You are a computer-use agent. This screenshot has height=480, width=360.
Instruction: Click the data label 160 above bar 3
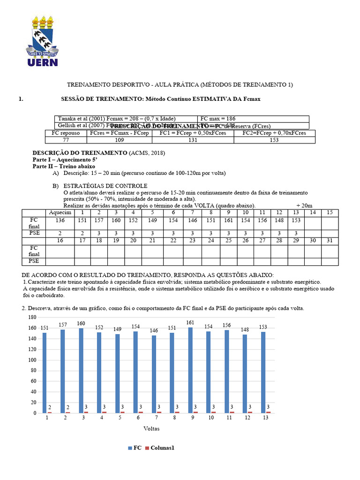pyautogui.click(x=81, y=323)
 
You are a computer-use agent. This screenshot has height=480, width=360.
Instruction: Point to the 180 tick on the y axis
pyautogui.click(x=32, y=317)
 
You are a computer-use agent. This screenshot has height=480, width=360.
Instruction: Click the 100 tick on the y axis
pyautogui.click(x=32, y=360)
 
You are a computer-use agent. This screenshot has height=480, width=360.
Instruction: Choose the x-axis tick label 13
pyautogui.click(x=266, y=417)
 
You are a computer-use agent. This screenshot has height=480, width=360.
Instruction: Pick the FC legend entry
pyautogui.click(x=135, y=448)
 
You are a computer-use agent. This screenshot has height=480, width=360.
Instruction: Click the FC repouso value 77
pyautogui.click(x=66, y=140)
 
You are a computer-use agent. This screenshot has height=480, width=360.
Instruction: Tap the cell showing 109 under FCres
pyautogui.click(x=120, y=140)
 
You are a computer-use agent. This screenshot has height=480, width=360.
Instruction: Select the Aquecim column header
pyautogui.click(x=60, y=212)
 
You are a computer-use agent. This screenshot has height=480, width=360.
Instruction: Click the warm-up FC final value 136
pyautogui.click(x=60, y=220)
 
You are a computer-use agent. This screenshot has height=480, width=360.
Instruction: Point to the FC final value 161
pyautogui.click(x=228, y=220)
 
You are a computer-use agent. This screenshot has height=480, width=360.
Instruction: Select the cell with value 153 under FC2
pyautogui.click(x=273, y=140)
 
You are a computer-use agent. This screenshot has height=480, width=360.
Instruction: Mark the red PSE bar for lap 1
pyautogui.click(x=49, y=412)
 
